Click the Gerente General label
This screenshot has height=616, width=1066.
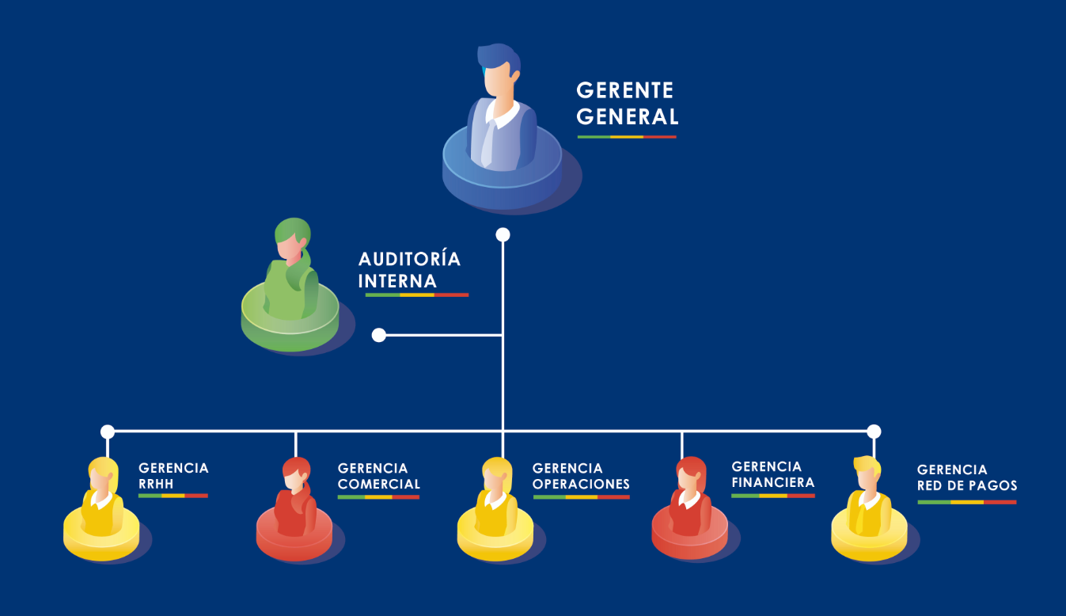tap(627, 103)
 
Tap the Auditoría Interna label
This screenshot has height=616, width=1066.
tap(408, 270)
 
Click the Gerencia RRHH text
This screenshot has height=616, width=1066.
tap(173, 476)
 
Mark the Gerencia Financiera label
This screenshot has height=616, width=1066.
tap(772, 474)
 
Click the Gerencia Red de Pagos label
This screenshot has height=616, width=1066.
tap(966, 477)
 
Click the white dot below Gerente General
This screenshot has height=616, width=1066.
tap(503, 234)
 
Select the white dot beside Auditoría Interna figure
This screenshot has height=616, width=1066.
tap(379, 335)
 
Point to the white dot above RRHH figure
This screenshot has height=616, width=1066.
tap(108, 432)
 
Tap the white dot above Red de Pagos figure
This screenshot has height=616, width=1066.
tap(874, 432)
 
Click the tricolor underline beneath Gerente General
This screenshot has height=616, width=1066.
tap(627, 137)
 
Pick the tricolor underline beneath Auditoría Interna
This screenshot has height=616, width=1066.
tap(416, 295)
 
